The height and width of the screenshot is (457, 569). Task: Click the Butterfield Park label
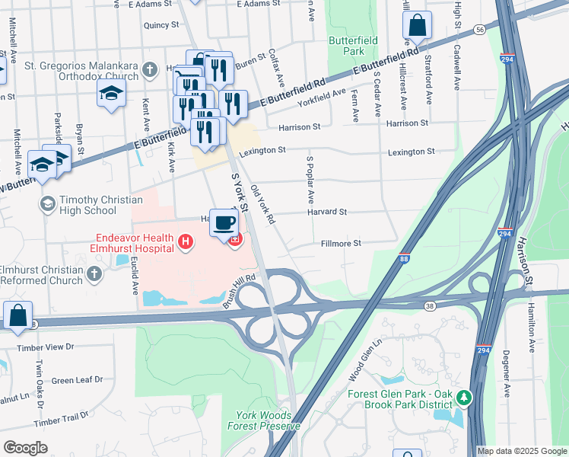346,45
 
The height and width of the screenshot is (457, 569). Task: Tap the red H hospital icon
183,242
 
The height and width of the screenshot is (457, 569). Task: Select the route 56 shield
478,29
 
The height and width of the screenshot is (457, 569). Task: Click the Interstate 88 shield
405,259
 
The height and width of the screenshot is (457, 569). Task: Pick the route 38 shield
430,305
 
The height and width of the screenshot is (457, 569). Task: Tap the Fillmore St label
339,244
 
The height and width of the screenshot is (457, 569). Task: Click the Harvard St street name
328,212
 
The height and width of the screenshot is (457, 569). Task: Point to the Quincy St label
161,24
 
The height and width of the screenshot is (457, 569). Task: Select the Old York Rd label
262,204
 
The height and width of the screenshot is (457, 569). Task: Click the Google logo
25,447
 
